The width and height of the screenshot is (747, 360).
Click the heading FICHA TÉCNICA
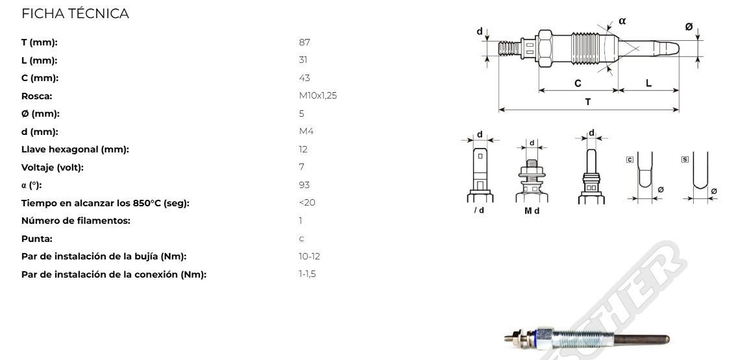tap(75, 14)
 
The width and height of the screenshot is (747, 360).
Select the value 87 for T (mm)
tap(304, 42)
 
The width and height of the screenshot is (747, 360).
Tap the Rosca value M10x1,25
tap(318, 96)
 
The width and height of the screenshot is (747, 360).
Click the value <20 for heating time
tap(307, 203)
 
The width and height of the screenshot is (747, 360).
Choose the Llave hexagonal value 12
tap(303, 150)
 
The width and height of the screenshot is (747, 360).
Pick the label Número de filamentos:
tap(76, 221)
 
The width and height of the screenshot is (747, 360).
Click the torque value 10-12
tap(310, 257)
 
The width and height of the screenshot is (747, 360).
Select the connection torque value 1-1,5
tap(307, 274)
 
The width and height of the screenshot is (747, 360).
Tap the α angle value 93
tap(304, 186)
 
